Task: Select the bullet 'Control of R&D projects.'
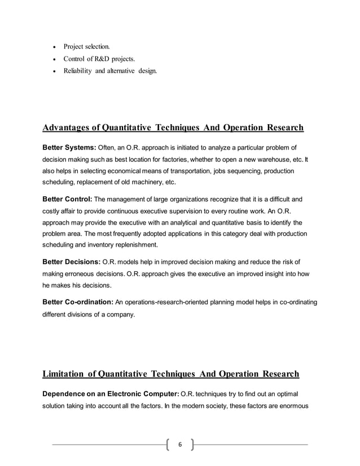click(x=99, y=58)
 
